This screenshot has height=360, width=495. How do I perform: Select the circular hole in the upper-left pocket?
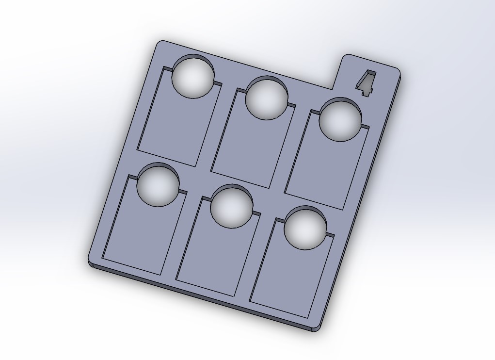click(193, 76)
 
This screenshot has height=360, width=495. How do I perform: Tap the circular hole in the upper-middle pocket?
click(267, 98)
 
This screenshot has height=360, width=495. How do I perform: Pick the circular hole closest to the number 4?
click(340, 119)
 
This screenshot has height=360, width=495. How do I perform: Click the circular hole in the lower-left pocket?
click(158, 185)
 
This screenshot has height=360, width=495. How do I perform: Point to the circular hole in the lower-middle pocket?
click(232, 207)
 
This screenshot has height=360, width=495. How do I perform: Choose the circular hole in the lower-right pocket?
click(305, 228)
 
